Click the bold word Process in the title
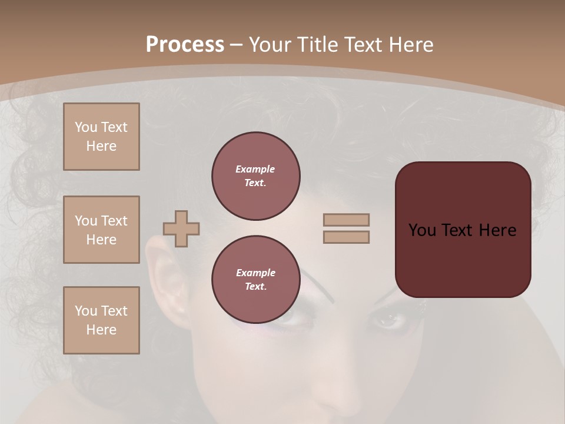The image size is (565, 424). pyautogui.click(x=185, y=44)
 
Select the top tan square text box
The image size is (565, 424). pyautogui.click(x=101, y=137)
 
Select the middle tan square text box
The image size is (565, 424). pyautogui.click(x=101, y=230)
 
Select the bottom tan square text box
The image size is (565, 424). pyautogui.click(x=101, y=320)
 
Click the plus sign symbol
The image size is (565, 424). pyautogui.click(x=181, y=228)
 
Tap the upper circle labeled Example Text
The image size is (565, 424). pyautogui.click(x=255, y=176)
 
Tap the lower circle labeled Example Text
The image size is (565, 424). pyautogui.click(x=255, y=280)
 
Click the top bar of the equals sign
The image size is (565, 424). pyautogui.click(x=346, y=220)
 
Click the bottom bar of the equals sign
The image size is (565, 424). pyautogui.click(x=346, y=237)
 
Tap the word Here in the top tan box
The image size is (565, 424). pyautogui.click(x=101, y=146)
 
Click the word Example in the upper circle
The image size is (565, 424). pyautogui.click(x=255, y=169)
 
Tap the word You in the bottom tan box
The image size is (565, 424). pyautogui.click(x=85, y=311)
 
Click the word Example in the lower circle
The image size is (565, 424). pyautogui.click(x=255, y=273)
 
